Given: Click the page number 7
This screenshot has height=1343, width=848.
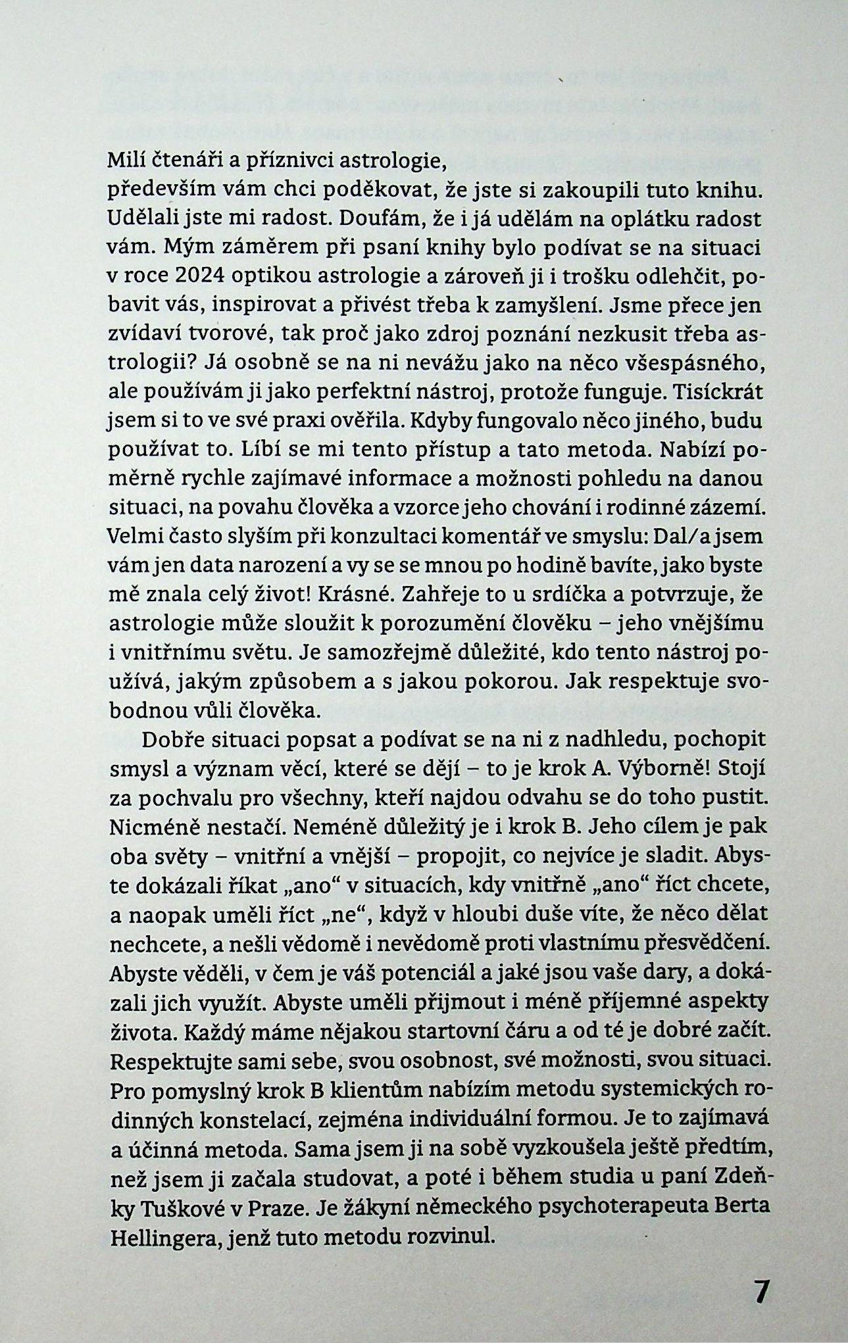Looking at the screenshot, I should click(760, 1291).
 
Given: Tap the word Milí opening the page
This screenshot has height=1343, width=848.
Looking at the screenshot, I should click(123, 159).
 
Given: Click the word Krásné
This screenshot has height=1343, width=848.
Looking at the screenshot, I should click(353, 595).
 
